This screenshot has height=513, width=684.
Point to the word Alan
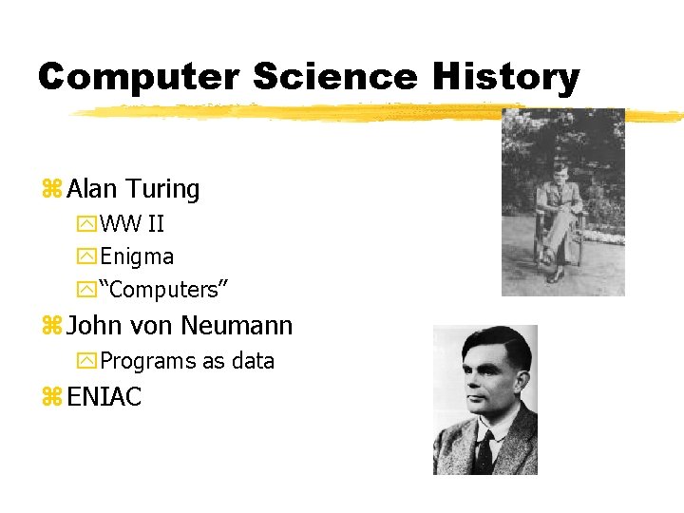(92, 189)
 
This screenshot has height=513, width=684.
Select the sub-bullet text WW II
(132, 225)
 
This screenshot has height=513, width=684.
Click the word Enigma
(137, 256)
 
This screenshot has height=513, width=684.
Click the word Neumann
(237, 326)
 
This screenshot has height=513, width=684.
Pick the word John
(95, 326)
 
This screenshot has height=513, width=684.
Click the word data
(251, 361)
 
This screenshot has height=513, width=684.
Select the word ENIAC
(104, 397)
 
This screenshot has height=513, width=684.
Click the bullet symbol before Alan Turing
(51, 190)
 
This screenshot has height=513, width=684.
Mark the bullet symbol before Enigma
(87, 257)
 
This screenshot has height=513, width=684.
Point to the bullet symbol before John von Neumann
(51, 327)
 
